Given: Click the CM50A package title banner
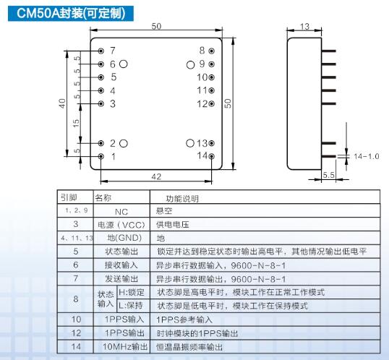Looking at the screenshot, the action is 71,13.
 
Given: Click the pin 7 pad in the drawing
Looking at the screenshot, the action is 101,51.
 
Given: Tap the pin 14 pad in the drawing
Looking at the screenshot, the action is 211,156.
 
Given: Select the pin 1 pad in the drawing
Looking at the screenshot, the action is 101,156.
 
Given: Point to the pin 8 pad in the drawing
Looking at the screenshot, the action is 211,51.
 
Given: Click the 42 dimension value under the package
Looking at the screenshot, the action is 156,176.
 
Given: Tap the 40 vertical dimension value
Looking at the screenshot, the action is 62,103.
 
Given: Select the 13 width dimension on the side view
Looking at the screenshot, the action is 304,26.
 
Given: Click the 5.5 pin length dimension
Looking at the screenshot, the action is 328,175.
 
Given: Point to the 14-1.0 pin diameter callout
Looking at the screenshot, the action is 367,156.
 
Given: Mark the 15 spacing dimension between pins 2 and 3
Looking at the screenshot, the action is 76,124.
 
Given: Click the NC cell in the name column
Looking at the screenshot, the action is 121,212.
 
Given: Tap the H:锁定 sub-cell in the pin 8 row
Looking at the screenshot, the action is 132,292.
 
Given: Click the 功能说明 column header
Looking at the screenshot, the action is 182,199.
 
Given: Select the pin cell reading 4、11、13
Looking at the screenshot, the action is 77,238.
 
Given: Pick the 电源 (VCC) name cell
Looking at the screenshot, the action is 121,225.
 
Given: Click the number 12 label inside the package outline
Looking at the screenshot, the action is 202,103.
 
